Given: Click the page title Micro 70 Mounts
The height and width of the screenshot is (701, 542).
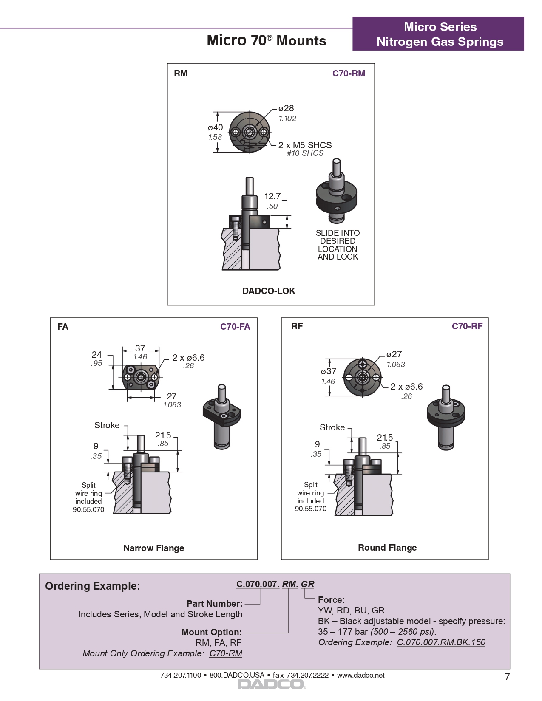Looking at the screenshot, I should (267, 41).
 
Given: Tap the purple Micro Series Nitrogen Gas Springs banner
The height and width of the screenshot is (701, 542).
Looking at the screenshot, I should (438, 34).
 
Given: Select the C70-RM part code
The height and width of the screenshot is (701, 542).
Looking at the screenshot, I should (348, 73).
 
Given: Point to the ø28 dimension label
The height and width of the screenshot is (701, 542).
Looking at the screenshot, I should (286, 108).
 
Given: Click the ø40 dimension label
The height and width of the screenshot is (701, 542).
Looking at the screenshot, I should (215, 127).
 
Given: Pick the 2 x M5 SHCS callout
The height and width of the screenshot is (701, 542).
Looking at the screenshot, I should (305, 145).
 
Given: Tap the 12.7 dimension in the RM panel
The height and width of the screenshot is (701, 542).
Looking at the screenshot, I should (272, 196).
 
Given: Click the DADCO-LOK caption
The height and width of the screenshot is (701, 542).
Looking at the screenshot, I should (269, 291).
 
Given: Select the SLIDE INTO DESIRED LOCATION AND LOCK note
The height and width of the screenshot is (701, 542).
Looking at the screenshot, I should (338, 245).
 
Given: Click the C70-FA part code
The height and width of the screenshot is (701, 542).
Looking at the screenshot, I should (235, 327).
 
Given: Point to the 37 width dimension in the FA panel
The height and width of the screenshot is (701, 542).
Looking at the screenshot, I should (140, 348).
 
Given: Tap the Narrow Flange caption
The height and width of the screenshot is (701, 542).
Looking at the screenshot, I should (153, 548).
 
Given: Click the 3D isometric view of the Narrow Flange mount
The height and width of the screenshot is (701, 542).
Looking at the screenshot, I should (221, 416).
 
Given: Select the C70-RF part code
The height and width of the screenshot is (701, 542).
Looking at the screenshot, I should (467, 326).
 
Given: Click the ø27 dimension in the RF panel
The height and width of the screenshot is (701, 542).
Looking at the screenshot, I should (394, 354).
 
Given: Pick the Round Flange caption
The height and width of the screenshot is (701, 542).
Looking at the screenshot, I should (387, 548).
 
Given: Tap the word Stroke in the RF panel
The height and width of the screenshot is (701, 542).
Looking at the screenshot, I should (332, 427).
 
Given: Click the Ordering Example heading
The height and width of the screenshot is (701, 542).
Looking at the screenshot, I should (93, 586).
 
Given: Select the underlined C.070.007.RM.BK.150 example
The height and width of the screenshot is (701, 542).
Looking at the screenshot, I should (441, 642).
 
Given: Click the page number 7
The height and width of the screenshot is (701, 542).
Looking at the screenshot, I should (507, 677).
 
